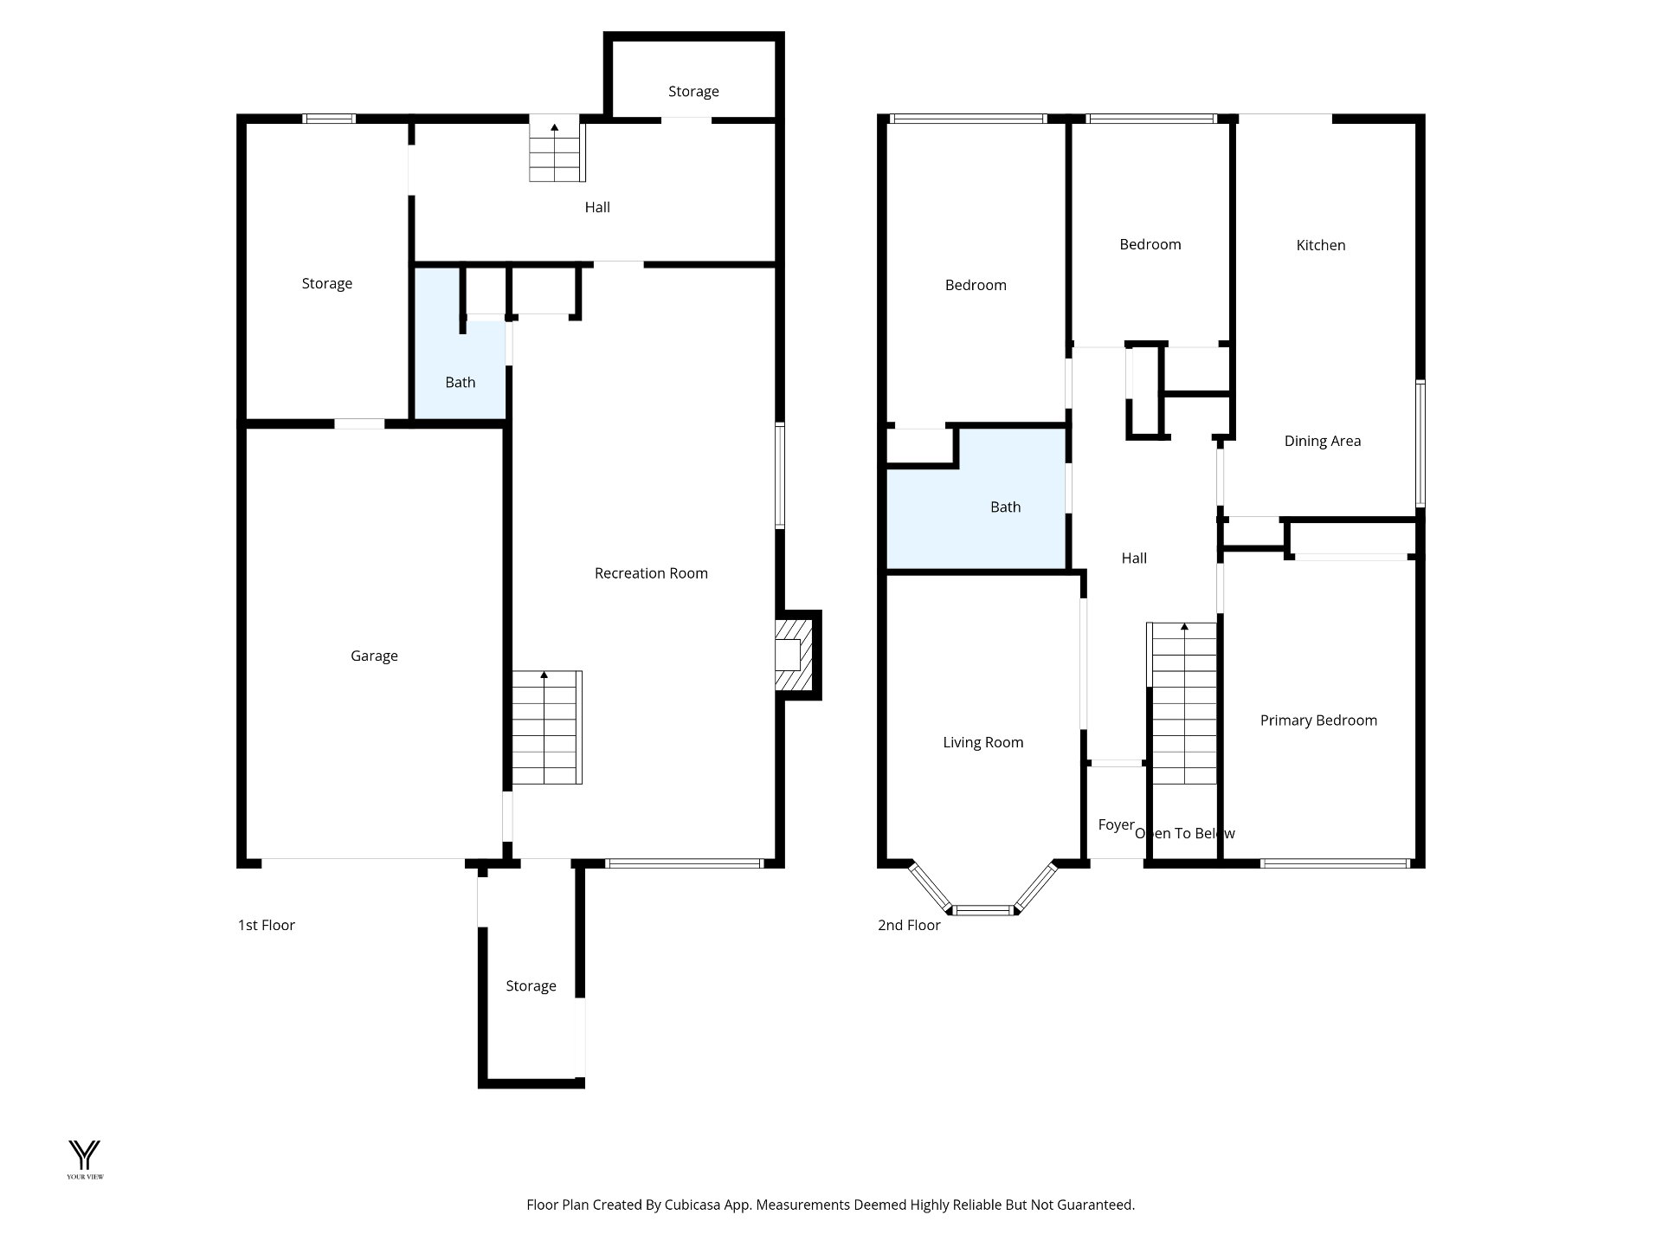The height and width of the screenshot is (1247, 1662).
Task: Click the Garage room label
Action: click(x=374, y=656)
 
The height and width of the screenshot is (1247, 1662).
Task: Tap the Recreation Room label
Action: click(x=651, y=573)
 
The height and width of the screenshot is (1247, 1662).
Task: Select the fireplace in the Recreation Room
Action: click(x=794, y=655)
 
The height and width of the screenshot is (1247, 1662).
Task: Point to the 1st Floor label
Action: click(x=267, y=925)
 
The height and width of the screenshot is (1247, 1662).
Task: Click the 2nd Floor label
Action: click(x=909, y=925)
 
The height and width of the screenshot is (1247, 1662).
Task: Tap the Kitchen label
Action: click(x=1320, y=245)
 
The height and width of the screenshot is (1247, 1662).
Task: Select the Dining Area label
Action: click(x=1322, y=441)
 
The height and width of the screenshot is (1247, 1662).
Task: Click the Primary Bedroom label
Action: click(x=1317, y=720)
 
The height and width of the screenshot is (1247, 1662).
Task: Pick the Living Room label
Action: click(x=982, y=742)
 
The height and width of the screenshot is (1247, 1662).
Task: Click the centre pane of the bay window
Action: click(x=983, y=909)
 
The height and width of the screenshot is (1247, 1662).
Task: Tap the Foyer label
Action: click(x=1115, y=824)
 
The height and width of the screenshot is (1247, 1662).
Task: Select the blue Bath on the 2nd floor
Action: click(x=1005, y=507)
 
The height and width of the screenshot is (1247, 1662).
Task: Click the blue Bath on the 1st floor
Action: click(x=460, y=382)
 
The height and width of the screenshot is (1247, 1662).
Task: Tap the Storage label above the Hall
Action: click(x=693, y=91)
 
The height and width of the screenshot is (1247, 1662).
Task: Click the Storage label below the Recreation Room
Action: click(x=531, y=986)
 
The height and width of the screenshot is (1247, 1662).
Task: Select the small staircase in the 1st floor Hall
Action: click(x=554, y=152)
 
